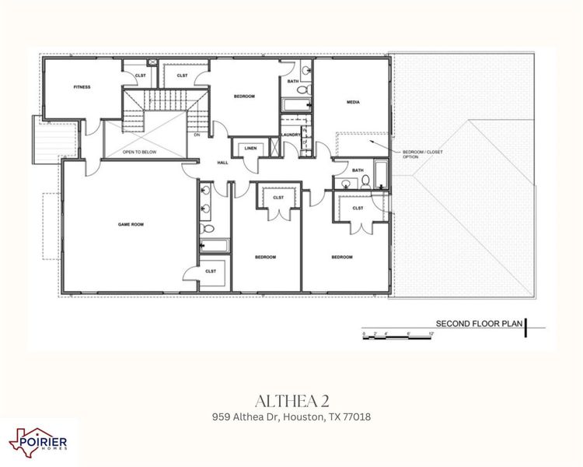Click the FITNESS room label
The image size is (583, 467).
pyautogui.click(x=82, y=87)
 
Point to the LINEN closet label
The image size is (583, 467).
pyautogui.click(x=250, y=148)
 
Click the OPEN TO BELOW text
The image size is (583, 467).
pyautogui.click(x=139, y=152)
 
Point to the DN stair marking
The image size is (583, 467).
pyautogui.click(x=197, y=135)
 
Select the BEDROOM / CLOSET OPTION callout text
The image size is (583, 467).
pyautogui.click(x=422, y=154)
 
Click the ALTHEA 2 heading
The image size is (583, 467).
pyautogui.click(x=291, y=401)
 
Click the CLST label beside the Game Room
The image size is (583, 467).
pyautogui.click(x=211, y=271)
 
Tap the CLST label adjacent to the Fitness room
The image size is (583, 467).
pyautogui.click(x=141, y=75)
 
